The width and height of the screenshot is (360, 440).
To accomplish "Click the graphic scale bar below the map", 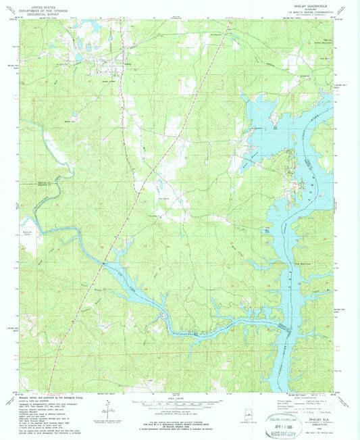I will [x=180, y=403].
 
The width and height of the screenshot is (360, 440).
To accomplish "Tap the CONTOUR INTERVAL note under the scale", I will [x=180, y=410].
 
